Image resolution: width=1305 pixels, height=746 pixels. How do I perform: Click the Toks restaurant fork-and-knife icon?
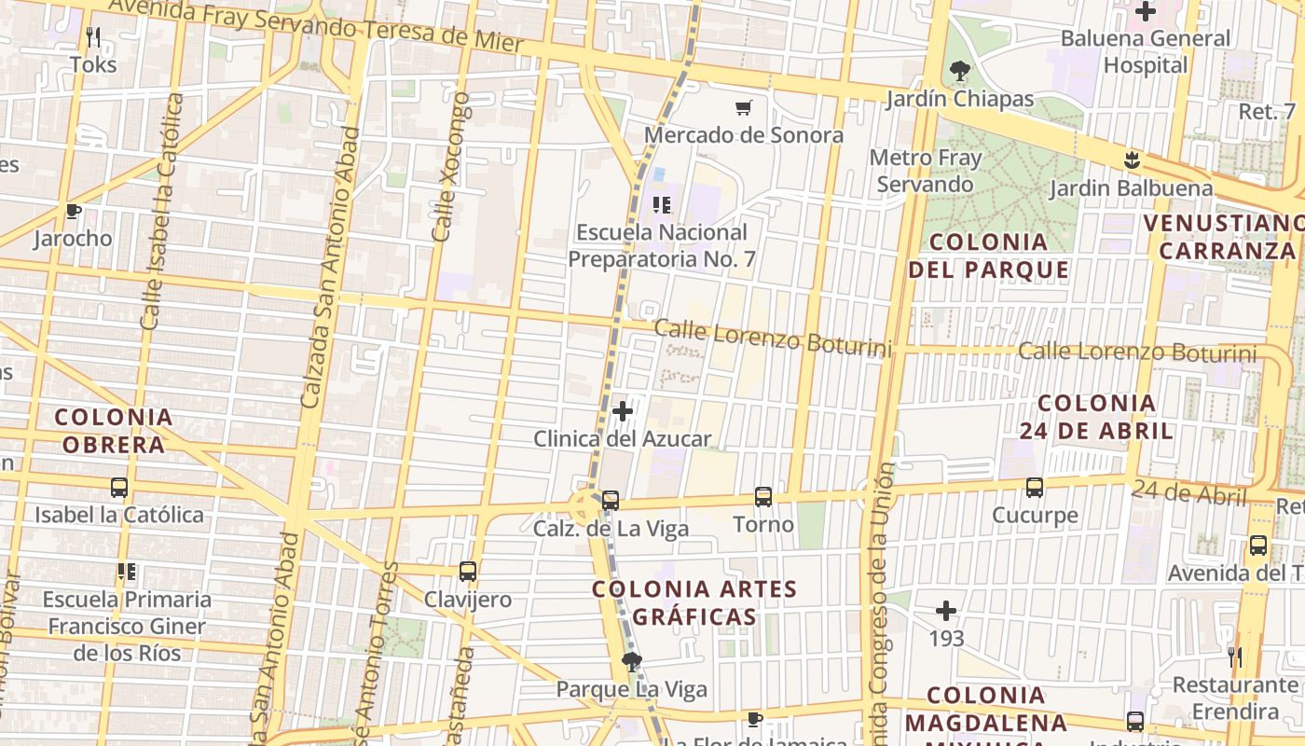point(93,37)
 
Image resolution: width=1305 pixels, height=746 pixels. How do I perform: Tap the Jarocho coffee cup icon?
point(74,211)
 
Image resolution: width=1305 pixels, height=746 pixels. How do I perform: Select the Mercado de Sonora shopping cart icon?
point(743,108)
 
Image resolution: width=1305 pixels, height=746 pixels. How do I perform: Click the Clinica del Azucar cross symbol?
point(623,410)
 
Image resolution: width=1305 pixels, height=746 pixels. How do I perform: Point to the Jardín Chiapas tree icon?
point(959,71)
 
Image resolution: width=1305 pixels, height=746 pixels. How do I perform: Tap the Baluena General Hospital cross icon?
point(1146,12)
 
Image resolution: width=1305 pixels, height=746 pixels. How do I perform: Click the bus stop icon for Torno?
point(763,497)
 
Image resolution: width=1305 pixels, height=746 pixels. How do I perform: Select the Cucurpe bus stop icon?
point(1035,488)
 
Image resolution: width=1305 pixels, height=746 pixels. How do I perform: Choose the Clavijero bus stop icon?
point(468,572)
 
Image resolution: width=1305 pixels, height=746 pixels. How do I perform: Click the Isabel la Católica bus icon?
point(119,488)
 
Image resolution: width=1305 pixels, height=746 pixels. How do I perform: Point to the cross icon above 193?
point(946,612)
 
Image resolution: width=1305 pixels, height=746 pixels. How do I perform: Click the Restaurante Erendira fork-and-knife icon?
point(1235,657)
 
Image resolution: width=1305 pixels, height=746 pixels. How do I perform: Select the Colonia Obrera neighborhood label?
point(114,431)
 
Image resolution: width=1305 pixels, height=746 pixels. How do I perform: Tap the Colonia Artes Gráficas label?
point(695,602)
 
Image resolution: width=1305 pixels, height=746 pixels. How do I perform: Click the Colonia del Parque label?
point(989,256)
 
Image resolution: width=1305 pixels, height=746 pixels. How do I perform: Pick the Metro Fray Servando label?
point(926,171)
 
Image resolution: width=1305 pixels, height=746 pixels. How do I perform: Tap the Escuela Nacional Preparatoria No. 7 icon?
point(663,205)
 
